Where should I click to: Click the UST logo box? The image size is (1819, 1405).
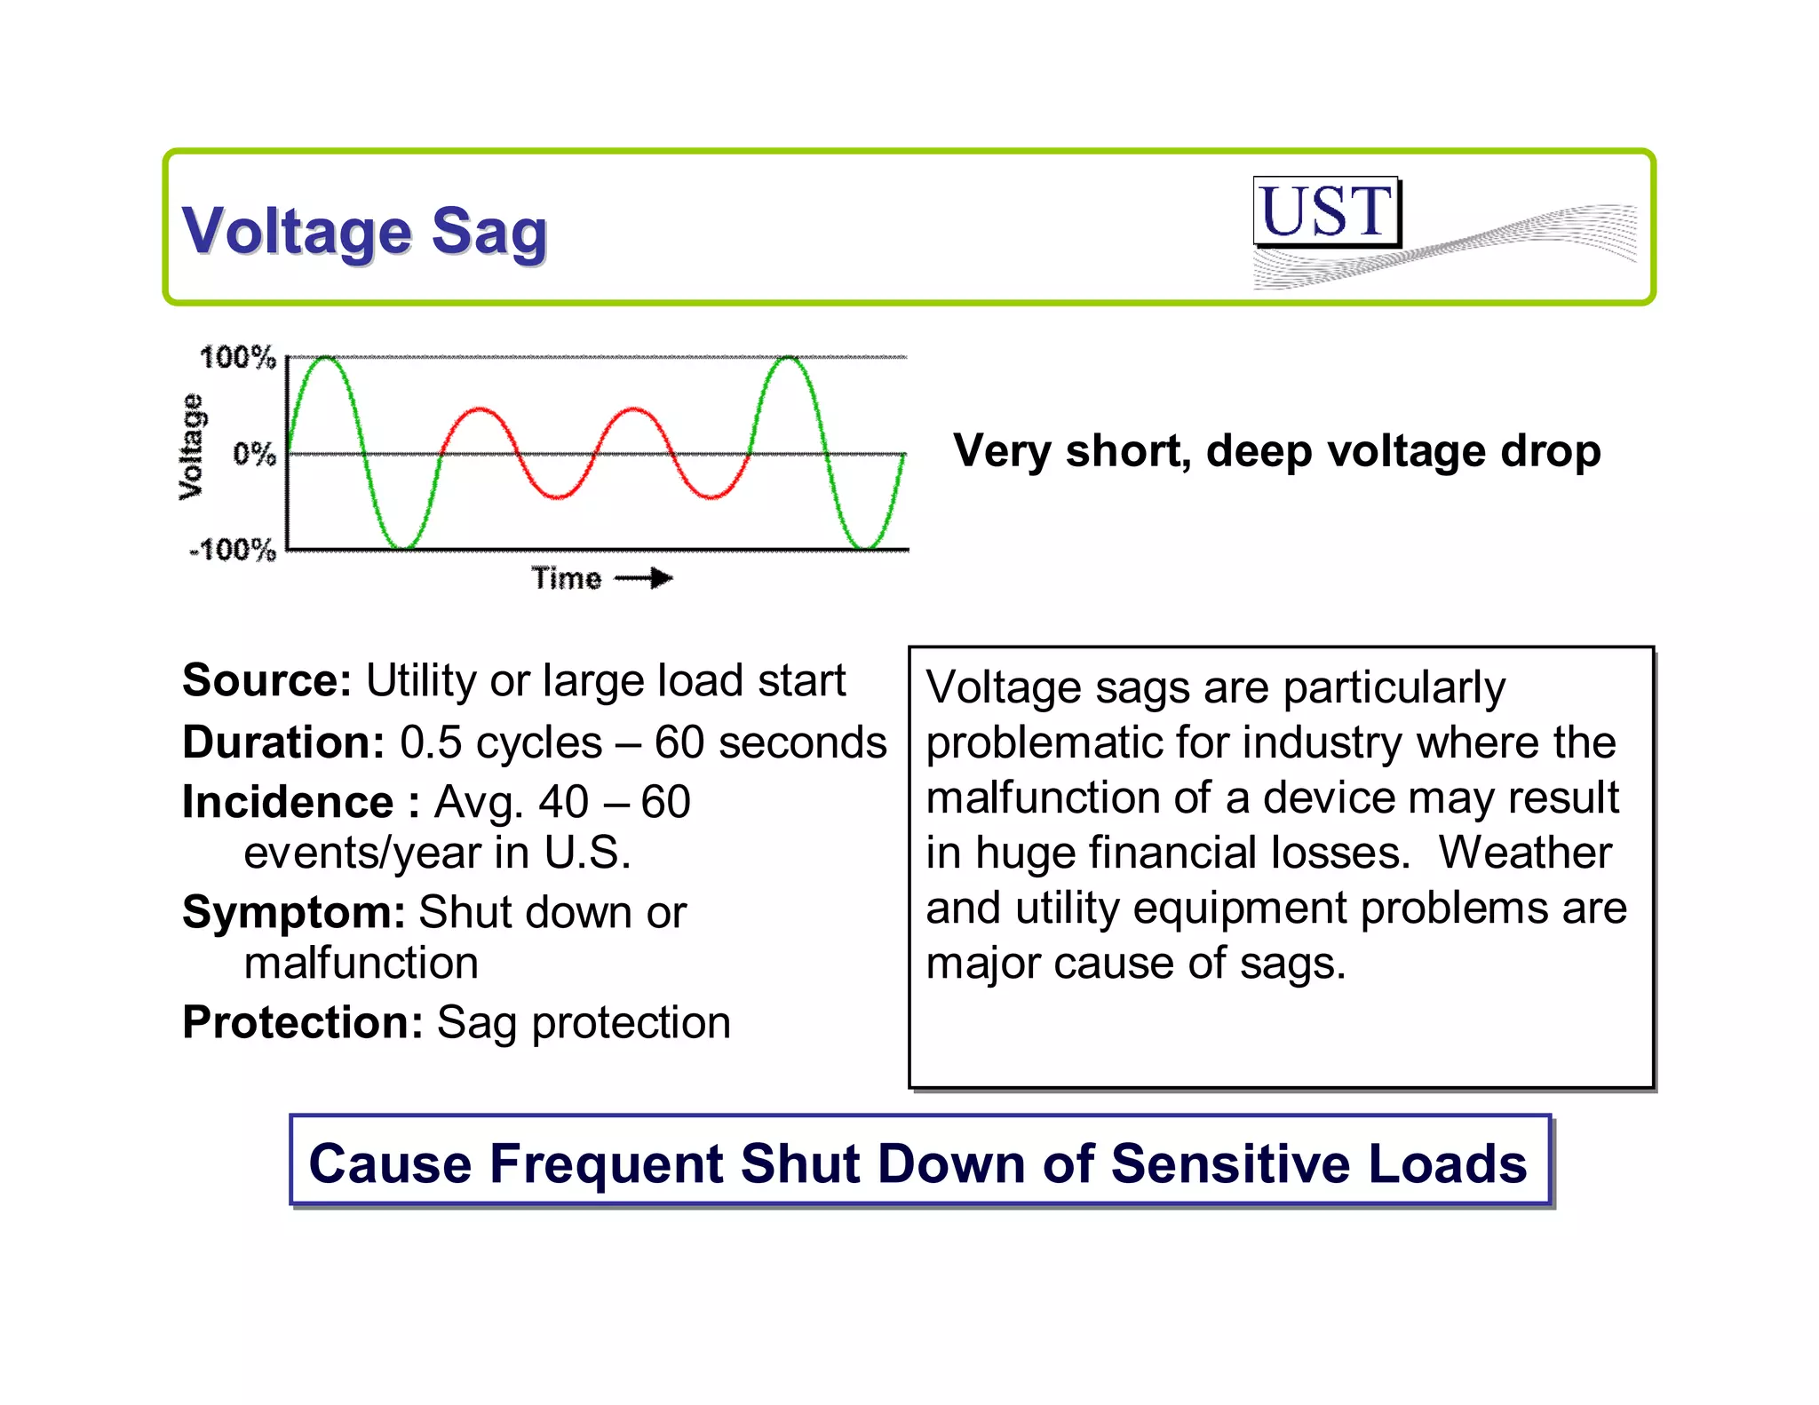(x=1326, y=211)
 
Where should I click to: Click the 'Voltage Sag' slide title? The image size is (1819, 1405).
(x=364, y=231)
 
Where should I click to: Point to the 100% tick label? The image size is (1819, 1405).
(x=237, y=358)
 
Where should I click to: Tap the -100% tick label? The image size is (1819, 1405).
(x=233, y=550)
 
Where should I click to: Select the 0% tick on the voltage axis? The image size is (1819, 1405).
(x=254, y=455)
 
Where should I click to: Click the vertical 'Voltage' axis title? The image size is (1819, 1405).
(x=191, y=447)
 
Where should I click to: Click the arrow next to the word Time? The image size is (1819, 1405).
(x=645, y=579)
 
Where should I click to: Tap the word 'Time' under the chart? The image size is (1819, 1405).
(x=567, y=579)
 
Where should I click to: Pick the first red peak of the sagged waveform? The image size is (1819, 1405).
(x=480, y=409)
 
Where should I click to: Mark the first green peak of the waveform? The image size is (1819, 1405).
(x=327, y=358)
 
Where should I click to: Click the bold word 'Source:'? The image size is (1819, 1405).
(x=267, y=681)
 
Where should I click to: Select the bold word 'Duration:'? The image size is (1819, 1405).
(x=283, y=742)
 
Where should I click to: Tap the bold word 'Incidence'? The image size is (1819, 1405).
(x=288, y=803)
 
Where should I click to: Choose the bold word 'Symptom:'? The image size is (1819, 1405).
(x=294, y=912)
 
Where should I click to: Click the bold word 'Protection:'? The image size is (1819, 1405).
(x=303, y=1022)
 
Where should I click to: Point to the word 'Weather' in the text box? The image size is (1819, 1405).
(x=1524, y=853)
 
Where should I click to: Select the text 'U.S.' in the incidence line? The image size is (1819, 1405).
(x=587, y=853)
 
